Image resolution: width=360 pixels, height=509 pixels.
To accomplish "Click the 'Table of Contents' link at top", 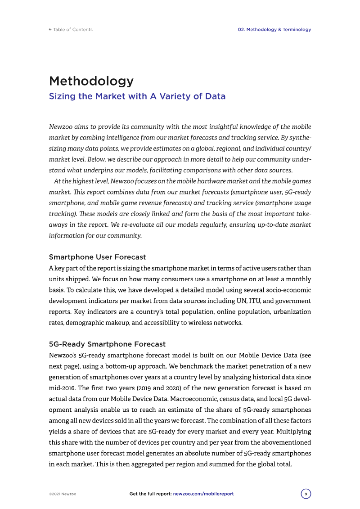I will point(72,30).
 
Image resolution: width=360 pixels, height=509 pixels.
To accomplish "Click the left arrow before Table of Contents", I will point(50,30).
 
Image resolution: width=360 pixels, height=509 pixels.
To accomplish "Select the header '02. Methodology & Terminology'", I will point(274,30).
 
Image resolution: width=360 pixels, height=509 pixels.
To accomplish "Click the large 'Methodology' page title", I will point(91,81).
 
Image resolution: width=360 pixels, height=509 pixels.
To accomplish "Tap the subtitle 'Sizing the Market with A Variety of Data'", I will point(137,96).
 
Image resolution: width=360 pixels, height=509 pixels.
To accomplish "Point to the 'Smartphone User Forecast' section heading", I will point(97,257).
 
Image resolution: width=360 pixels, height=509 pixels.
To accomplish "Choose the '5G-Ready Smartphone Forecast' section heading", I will point(107,344).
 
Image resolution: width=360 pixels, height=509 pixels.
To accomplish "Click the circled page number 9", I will point(306,494).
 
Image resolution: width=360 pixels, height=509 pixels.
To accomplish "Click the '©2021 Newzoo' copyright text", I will point(62,494).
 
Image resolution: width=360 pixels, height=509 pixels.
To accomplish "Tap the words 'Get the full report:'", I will point(150,494).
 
